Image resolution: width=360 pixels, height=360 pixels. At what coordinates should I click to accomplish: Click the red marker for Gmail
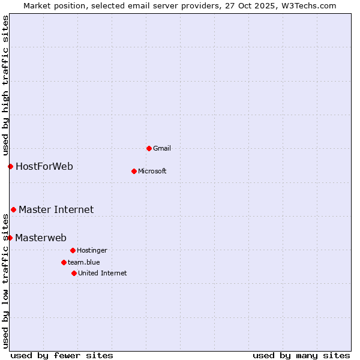pyautogui.click(x=149, y=148)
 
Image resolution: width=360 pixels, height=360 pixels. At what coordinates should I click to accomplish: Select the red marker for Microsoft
pyautogui.click(x=134, y=171)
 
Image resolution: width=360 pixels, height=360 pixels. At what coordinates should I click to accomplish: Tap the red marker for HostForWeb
pyautogui.click(x=10, y=166)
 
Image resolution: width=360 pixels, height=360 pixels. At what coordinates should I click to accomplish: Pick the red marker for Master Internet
pyautogui.click(x=13, y=209)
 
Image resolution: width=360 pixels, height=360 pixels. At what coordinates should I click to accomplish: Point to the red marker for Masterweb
pyautogui.click(x=10, y=238)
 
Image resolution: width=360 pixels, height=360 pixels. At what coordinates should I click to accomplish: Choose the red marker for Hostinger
pyautogui.click(x=73, y=250)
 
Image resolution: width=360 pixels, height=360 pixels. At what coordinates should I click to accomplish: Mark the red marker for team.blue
pyautogui.click(x=64, y=262)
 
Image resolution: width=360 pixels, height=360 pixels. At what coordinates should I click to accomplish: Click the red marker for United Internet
pyautogui.click(x=74, y=273)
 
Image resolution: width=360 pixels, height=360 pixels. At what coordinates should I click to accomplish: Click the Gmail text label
pyautogui.click(x=162, y=148)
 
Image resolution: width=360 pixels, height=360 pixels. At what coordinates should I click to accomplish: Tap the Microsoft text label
pyautogui.click(x=152, y=171)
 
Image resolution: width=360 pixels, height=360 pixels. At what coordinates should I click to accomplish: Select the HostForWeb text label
pyautogui.click(x=44, y=166)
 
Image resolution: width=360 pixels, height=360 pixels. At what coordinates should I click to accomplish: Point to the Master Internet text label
pyautogui.click(x=56, y=209)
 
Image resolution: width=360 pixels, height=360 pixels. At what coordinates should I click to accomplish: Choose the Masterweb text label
pyautogui.click(x=41, y=238)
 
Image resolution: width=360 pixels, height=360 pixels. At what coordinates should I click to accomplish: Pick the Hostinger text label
pyautogui.click(x=92, y=250)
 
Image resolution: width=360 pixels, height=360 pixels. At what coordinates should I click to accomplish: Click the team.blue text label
pyautogui.click(x=84, y=262)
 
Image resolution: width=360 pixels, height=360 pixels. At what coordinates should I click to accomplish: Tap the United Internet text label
pyautogui.click(x=103, y=273)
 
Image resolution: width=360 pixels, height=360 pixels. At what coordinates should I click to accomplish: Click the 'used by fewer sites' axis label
pyautogui.click(x=62, y=355)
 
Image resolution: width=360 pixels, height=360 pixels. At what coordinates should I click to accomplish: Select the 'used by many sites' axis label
pyautogui.click(x=301, y=355)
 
